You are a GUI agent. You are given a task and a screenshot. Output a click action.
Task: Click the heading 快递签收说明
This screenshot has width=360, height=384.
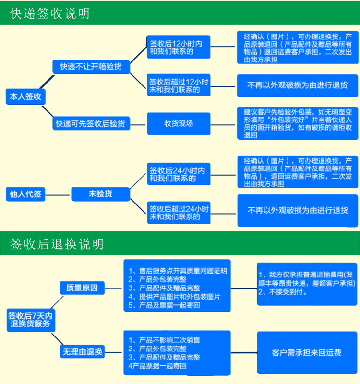point(50,13)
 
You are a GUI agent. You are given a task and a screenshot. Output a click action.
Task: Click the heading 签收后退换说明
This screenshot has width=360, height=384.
point(57,244)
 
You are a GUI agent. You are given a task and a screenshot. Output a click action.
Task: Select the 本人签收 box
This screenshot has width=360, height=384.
point(25,97)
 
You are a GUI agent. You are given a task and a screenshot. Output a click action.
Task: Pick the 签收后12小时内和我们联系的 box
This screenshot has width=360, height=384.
point(179,48)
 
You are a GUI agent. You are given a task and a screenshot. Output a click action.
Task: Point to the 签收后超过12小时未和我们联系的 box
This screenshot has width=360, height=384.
point(179,85)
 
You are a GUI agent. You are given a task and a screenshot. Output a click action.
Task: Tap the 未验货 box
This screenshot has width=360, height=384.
point(100,194)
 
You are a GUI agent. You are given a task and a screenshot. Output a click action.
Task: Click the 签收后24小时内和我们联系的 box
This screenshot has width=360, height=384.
point(179,174)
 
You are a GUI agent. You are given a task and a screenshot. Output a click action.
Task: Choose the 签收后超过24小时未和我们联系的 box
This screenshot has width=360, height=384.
point(179,213)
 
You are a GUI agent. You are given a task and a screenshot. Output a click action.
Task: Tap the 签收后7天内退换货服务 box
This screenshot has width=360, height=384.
point(31,319)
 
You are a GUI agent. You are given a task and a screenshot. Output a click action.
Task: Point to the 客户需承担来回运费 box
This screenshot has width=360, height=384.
point(306,353)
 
